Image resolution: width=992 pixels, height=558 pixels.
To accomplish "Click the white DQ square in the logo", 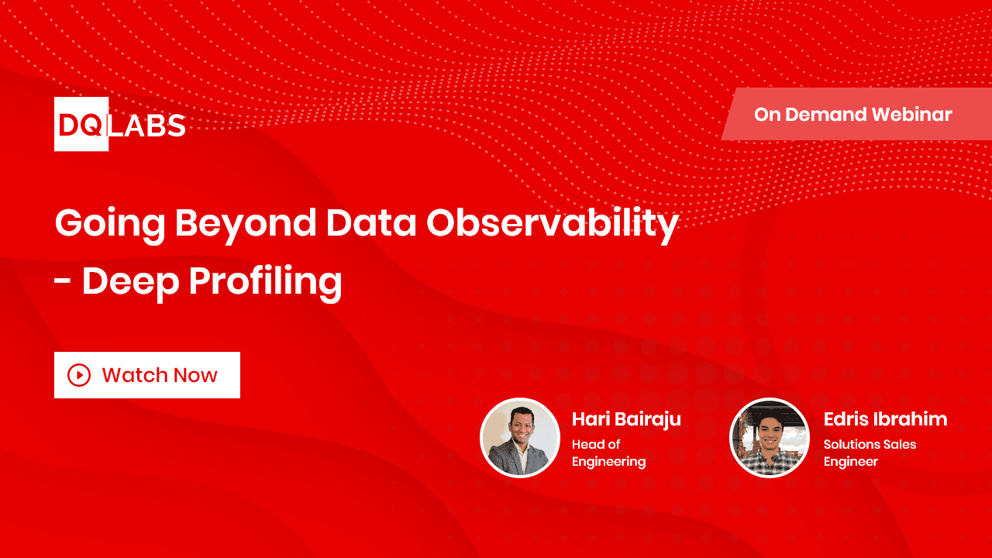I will [81, 124].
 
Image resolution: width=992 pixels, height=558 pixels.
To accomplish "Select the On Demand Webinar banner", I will [852, 115].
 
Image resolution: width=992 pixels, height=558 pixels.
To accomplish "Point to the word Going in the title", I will [109, 224].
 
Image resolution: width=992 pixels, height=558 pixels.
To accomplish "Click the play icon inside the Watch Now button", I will [79, 375].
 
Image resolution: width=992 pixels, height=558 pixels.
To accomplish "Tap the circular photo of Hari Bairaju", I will [520, 438].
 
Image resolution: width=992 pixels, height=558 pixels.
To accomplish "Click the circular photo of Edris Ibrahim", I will [769, 438].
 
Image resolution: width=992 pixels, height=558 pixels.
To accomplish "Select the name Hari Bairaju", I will [626, 419].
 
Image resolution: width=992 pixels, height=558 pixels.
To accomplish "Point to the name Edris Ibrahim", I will [885, 419].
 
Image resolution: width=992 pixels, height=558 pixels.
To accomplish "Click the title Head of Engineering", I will [608, 453].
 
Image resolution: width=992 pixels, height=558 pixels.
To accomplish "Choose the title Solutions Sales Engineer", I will [870, 453].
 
